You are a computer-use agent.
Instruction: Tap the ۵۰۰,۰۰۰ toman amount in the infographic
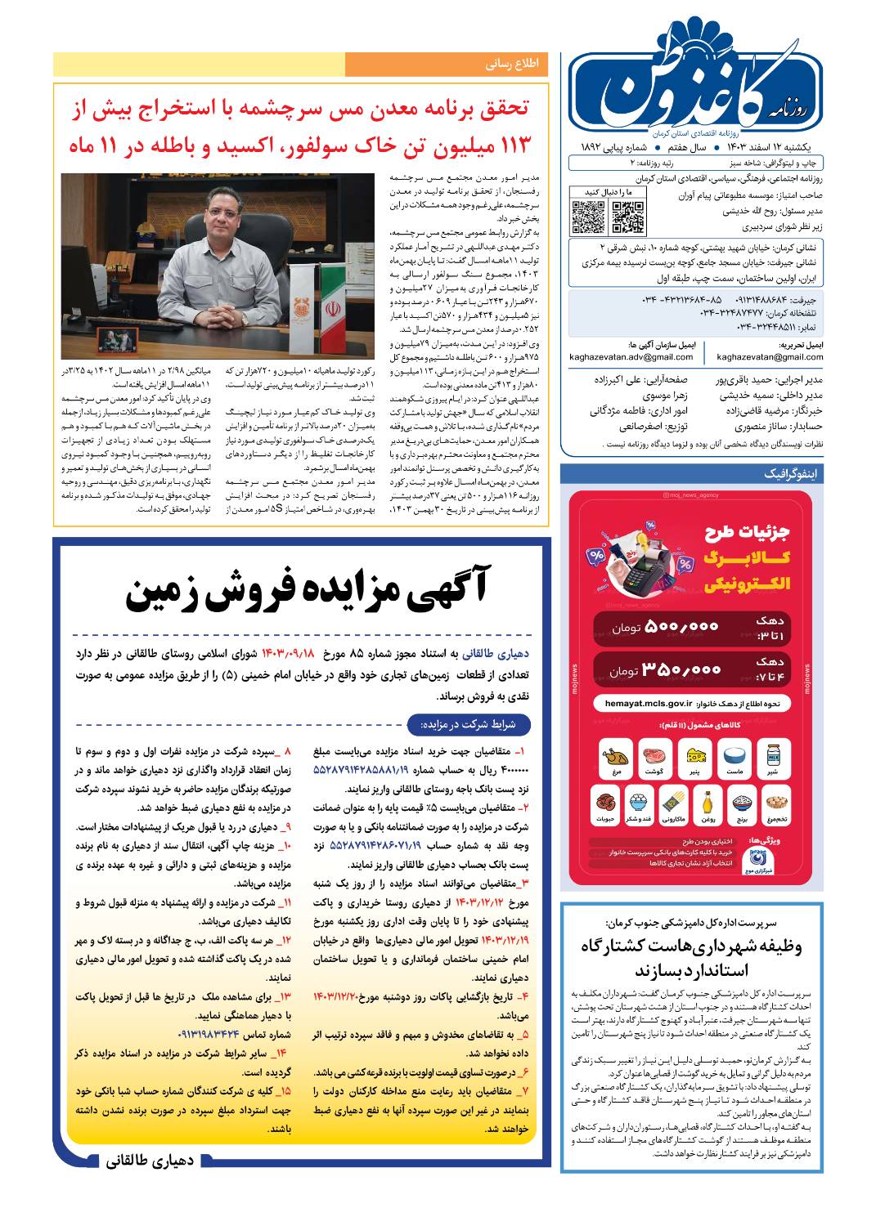681,627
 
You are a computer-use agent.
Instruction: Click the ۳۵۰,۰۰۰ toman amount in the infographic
681,669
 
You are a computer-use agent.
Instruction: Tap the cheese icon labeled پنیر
696,755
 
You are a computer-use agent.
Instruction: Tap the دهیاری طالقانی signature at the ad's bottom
149,1161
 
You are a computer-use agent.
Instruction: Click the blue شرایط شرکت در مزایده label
468,724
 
